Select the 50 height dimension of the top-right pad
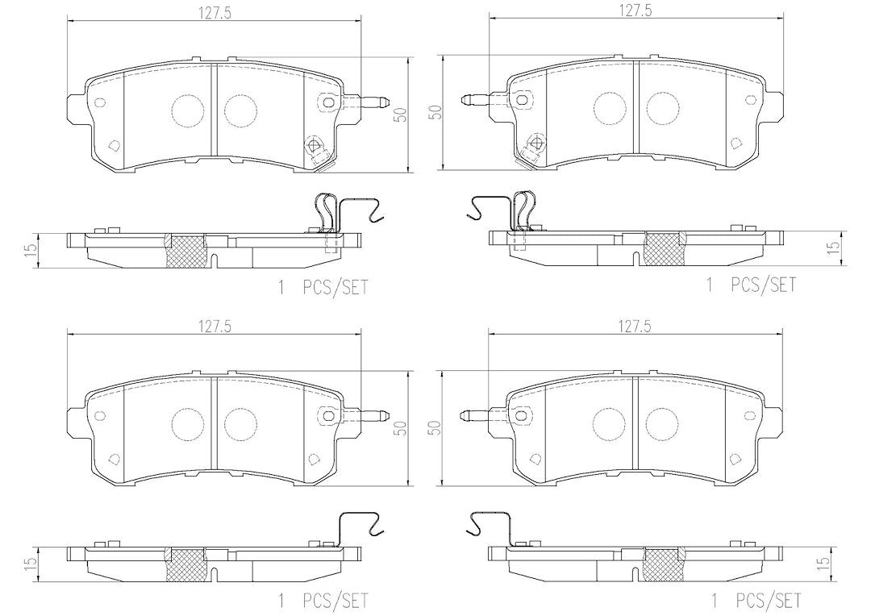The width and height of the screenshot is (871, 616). click(438, 111)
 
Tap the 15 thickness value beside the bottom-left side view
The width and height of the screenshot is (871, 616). click(31, 561)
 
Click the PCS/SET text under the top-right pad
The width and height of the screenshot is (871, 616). click(762, 285)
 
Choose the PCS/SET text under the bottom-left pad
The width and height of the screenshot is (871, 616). click(335, 601)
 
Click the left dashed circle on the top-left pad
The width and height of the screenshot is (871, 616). click(188, 110)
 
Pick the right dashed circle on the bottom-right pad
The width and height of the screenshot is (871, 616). click(663, 423)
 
